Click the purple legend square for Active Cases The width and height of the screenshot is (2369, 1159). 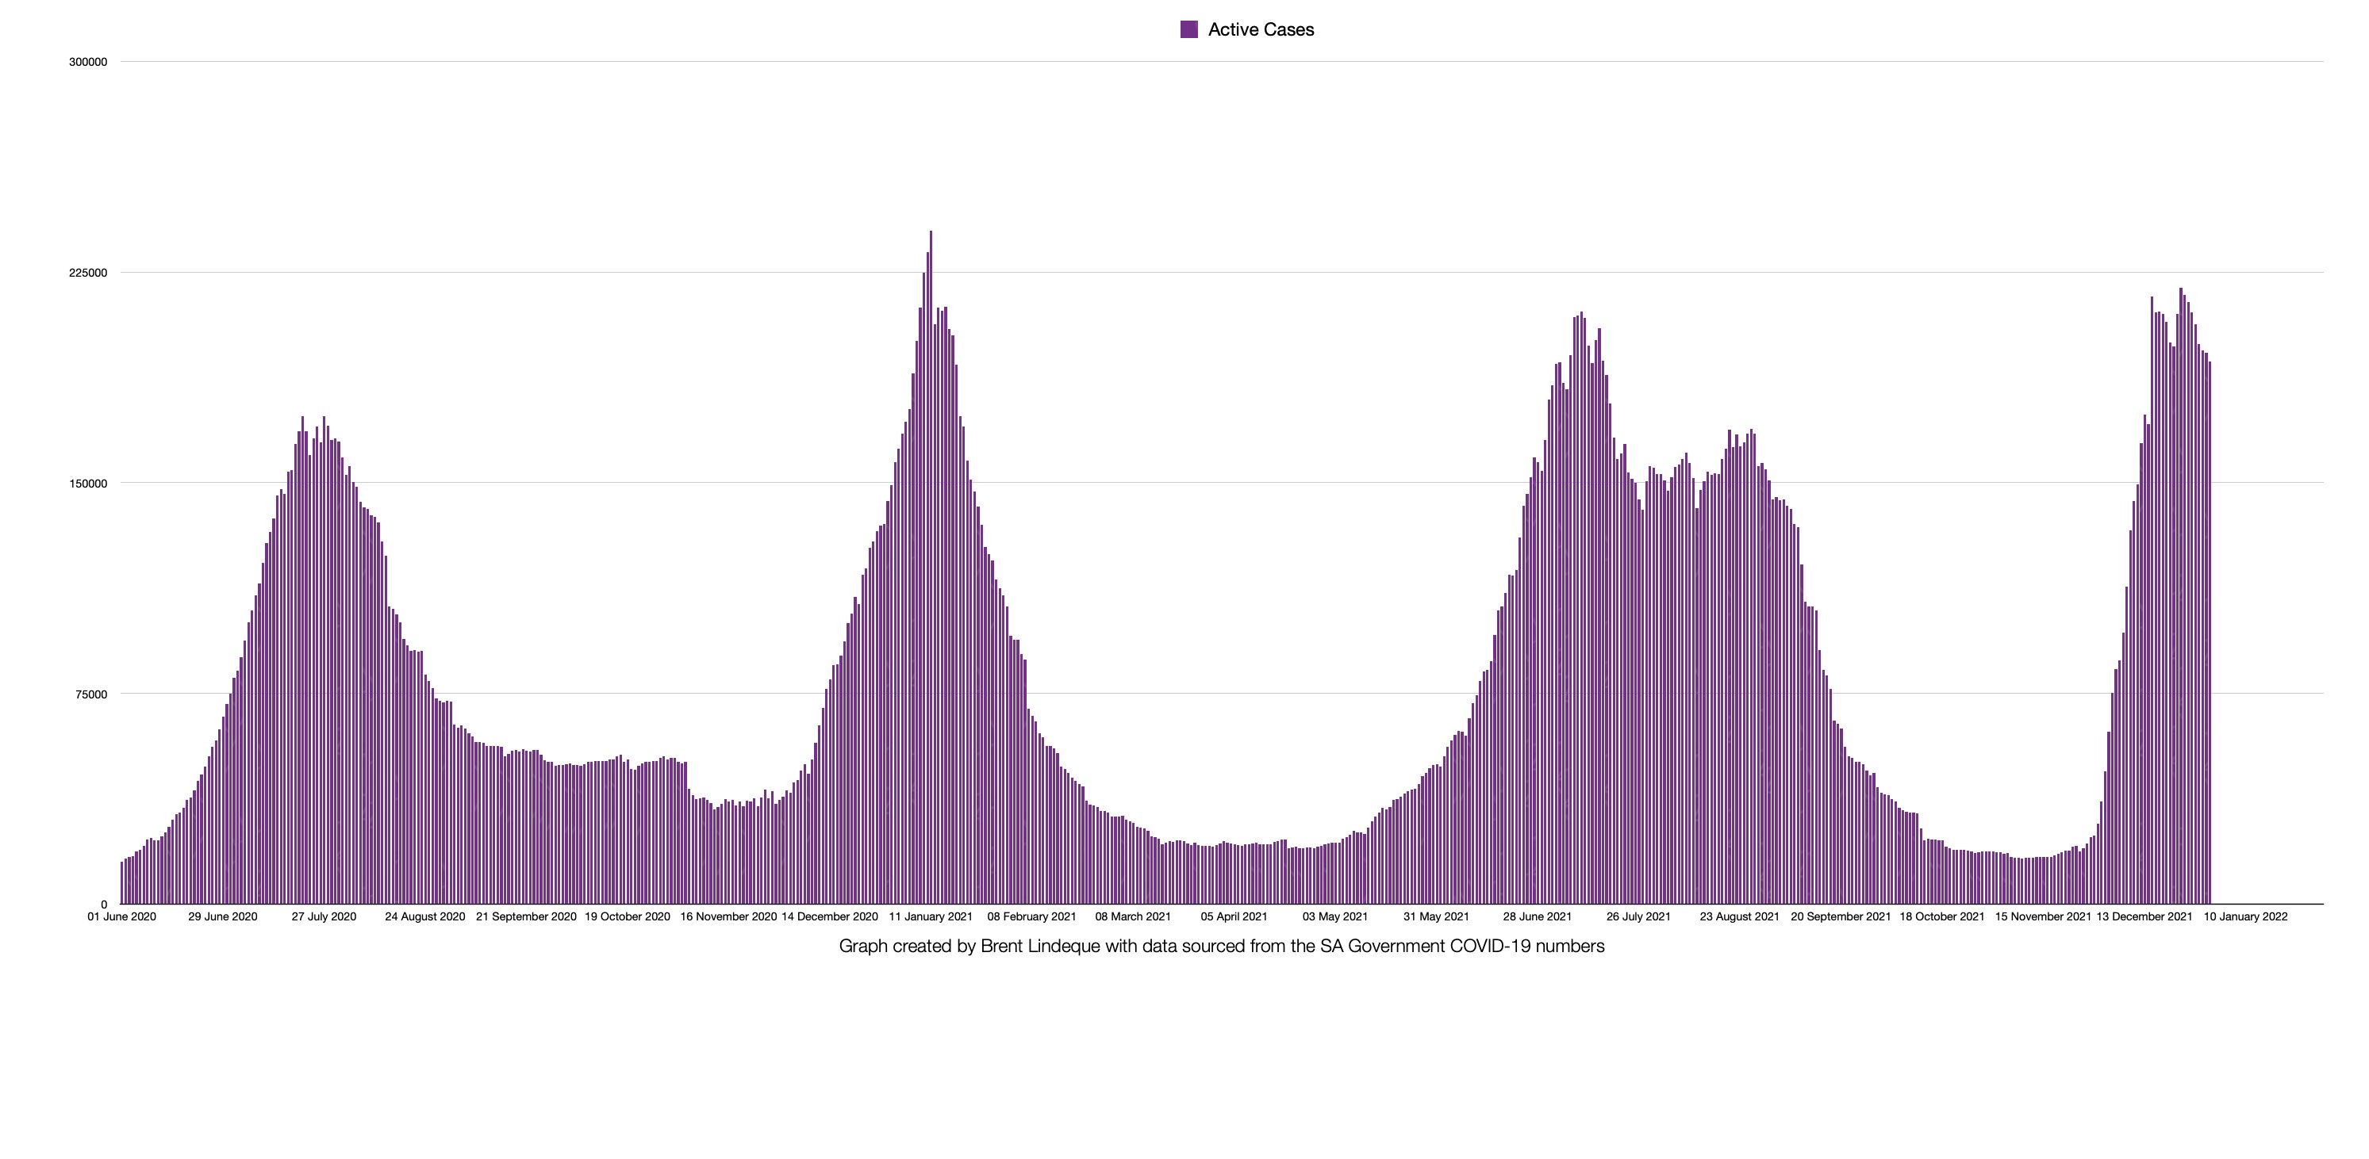1189,29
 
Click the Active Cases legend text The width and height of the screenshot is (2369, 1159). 1261,29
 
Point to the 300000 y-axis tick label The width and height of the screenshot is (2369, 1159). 88,63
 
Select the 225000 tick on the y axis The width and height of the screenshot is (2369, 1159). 88,273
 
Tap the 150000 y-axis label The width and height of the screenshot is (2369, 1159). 88,484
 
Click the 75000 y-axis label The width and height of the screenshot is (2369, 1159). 91,694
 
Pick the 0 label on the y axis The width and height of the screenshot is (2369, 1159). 104,905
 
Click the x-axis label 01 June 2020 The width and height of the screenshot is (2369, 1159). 121,916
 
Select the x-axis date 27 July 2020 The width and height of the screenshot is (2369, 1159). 324,916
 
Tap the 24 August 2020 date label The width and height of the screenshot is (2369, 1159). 425,916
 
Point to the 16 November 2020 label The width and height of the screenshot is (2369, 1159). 728,916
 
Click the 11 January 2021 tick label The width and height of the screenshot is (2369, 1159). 931,916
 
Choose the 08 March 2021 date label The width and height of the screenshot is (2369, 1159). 1133,916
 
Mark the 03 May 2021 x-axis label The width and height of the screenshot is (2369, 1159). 1335,916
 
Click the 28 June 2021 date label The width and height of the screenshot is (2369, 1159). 1538,916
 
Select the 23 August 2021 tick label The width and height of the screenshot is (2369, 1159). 1740,916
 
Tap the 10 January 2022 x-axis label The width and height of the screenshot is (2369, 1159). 2246,916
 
